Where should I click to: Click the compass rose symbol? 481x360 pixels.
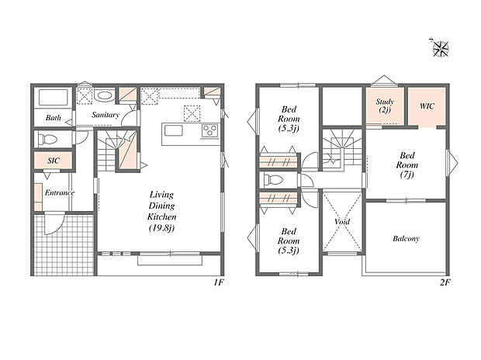tap(441, 48)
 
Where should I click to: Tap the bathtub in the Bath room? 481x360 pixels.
tap(53, 97)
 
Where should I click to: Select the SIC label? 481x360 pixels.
tap(54, 161)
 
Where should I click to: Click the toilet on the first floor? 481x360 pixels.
tap(48, 140)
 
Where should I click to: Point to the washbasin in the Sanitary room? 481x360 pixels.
tap(104, 95)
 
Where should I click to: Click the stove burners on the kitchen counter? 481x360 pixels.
tap(210, 131)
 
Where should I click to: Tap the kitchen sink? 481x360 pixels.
tap(174, 130)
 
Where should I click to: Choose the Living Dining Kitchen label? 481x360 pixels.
tap(161, 211)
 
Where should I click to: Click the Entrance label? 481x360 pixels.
tap(60, 192)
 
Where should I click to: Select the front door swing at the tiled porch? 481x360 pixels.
tap(54, 223)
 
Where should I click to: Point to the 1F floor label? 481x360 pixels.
tap(219, 282)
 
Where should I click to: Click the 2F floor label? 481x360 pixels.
tap(445, 282)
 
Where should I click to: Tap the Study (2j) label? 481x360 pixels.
tap(385, 106)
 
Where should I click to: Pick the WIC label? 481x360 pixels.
tap(427, 106)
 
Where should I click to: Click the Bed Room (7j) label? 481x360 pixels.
tap(407, 165)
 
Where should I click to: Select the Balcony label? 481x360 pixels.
tap(406, 238)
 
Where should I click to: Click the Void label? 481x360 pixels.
tap(342, 221)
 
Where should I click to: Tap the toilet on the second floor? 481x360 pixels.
tap(273, 179)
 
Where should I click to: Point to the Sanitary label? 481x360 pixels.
tap(106, 115)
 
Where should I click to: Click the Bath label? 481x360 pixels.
tap(53, 118)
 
